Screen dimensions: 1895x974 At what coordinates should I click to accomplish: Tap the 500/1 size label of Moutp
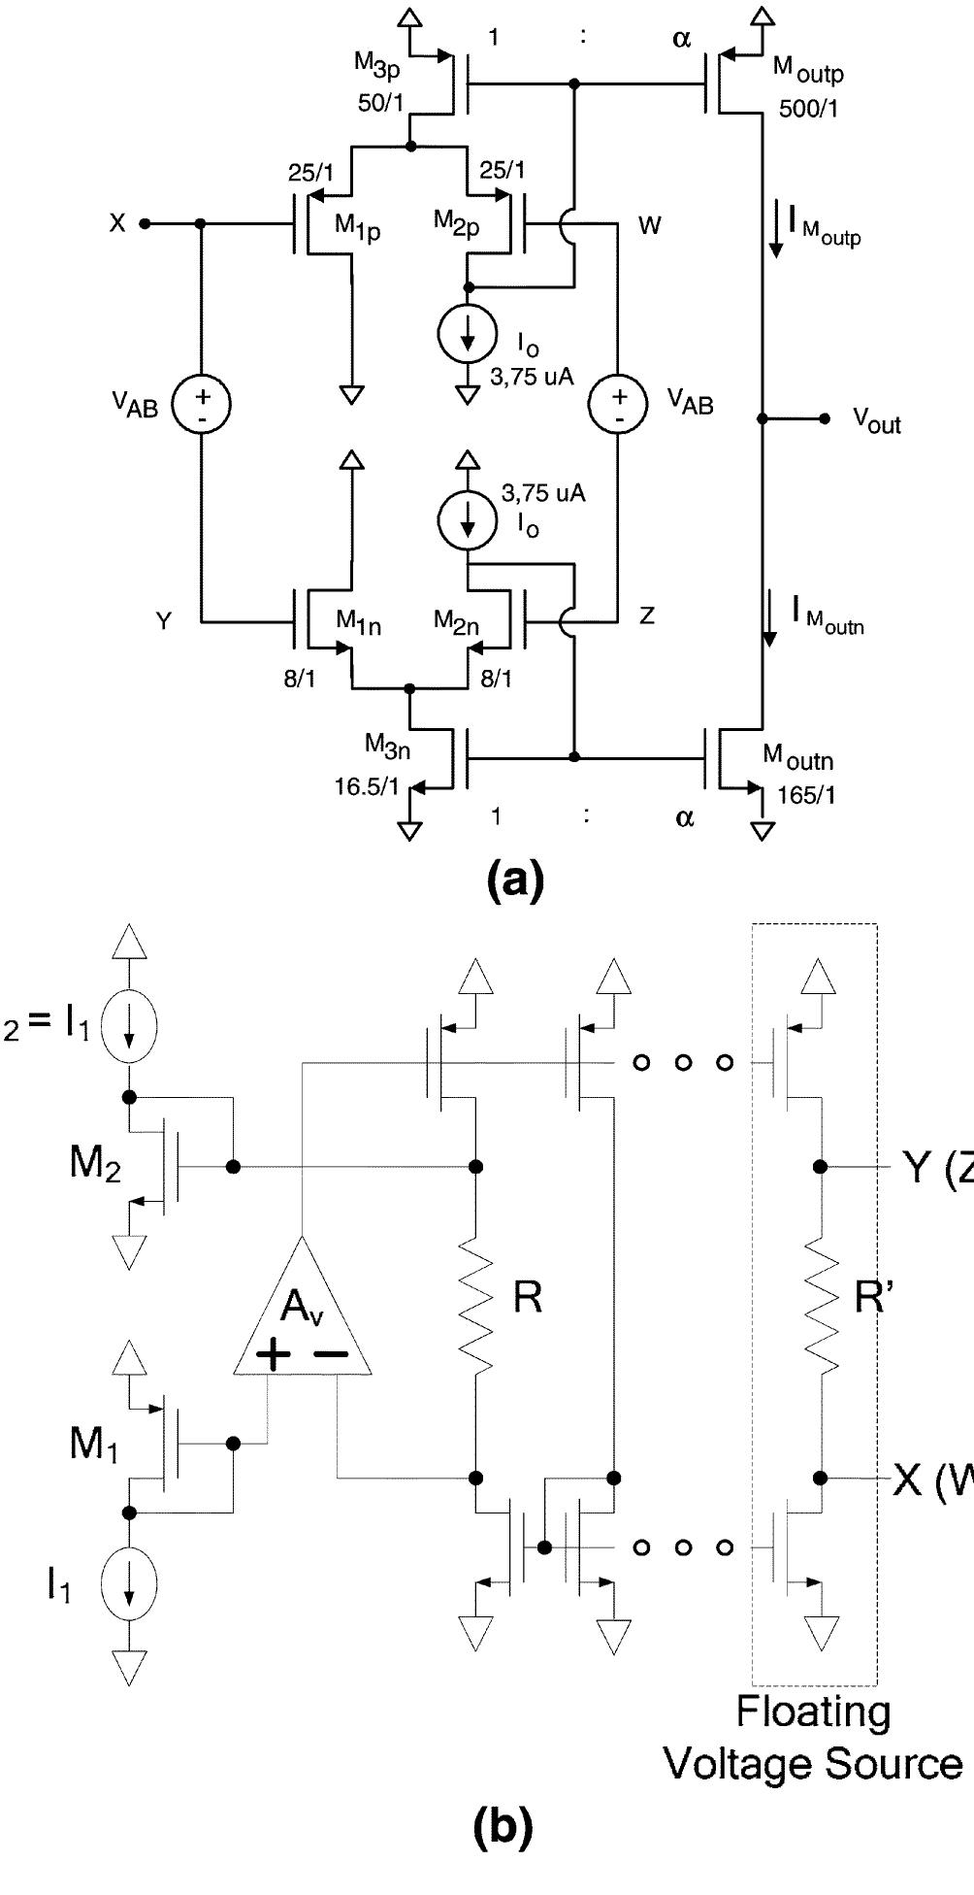click(809, 108)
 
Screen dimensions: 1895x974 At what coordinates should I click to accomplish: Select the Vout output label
click(876, 421)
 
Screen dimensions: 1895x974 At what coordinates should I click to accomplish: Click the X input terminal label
click(117, 223)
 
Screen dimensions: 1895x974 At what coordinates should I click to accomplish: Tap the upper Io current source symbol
click(469, 335)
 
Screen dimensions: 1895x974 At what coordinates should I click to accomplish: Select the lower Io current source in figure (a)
click(469, 521)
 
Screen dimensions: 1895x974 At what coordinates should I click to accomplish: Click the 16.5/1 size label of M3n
click(367, 786)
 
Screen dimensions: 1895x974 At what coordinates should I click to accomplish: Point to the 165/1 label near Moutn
click(806, 795)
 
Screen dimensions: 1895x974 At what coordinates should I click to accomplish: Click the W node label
click(650, 226)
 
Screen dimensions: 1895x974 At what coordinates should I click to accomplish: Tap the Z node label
click(647, 615)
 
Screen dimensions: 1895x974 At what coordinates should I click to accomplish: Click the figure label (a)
click(514, 880)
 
